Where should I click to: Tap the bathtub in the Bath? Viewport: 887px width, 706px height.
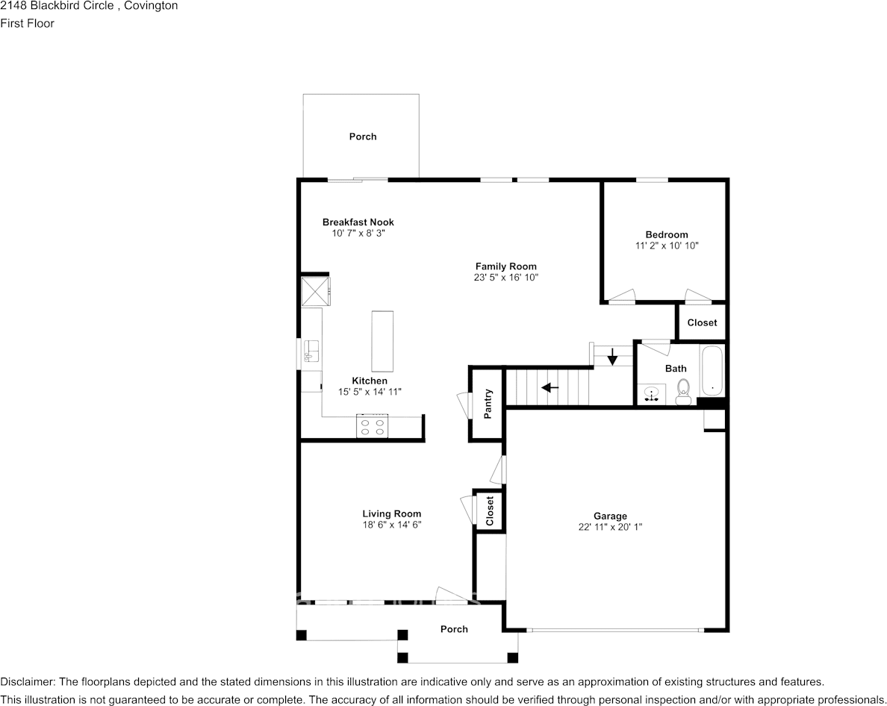point(712,371)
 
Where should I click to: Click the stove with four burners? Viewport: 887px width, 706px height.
point(373,425)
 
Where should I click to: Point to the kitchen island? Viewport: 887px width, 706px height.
point(382,341)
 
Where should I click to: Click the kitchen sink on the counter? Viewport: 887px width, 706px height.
point(311,351)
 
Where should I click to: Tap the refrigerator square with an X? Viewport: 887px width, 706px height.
point(314,291)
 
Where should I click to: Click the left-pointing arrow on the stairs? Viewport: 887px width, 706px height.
point(550,388)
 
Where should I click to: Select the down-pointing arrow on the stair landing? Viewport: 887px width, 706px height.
point(612,357)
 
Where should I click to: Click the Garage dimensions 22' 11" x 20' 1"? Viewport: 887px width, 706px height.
point(610,527)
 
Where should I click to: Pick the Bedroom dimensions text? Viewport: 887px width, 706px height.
point(667,246)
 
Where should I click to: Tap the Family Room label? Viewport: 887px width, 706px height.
point(505,266)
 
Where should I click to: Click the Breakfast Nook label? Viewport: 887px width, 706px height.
point(358,222)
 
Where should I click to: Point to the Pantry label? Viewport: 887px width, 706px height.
point(488,404)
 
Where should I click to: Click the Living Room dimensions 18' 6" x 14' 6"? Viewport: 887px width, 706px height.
point(392,525)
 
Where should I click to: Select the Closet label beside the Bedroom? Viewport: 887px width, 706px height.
point(702,322)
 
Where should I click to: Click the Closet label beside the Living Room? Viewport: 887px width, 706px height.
point(490,510)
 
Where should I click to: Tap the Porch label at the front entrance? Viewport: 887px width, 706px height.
point(454,629)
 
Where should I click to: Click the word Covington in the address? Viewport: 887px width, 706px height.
point(151,6)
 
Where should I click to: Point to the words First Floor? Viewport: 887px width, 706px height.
point(27,23)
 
